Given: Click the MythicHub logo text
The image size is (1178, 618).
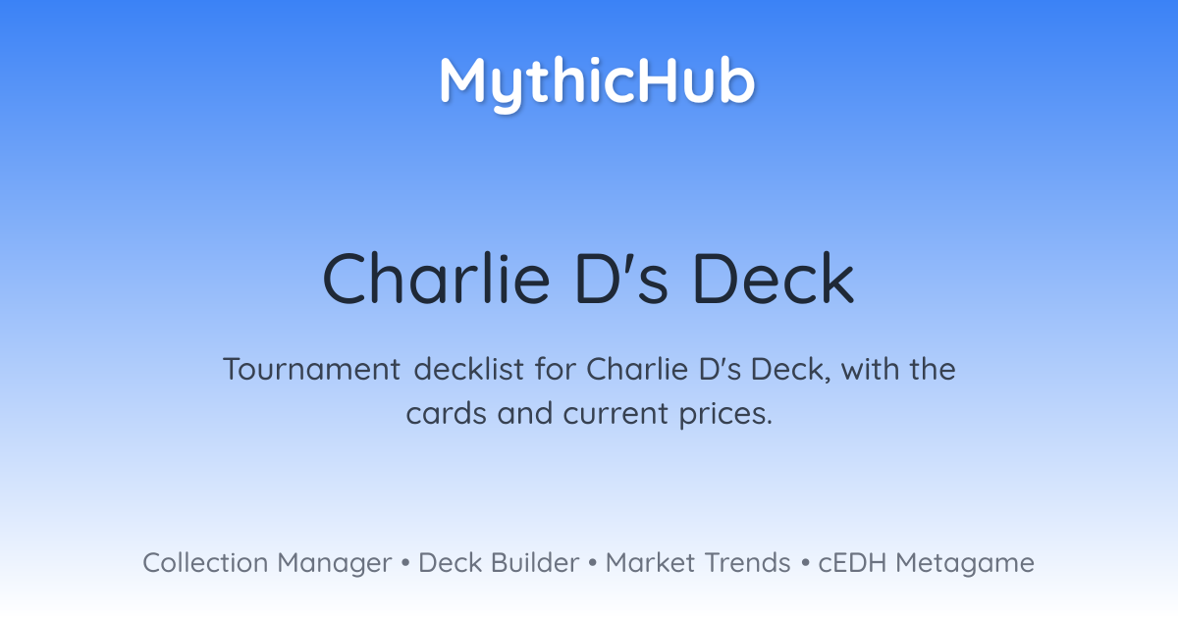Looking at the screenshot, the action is coord(597,83).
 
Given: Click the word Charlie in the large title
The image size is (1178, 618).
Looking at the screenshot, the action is coord(436,279).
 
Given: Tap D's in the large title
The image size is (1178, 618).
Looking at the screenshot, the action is coord(621,279).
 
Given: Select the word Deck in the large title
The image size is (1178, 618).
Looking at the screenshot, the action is coord(775,279).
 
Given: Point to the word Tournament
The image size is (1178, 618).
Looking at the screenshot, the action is coord(312,369).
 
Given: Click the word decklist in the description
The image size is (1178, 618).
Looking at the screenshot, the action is coord(468,369).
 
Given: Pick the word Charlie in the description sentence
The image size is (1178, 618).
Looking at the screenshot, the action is coord(636,369).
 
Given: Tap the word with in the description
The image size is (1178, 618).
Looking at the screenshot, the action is coord(870,369).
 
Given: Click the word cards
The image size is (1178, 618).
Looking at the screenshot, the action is coord(446,413).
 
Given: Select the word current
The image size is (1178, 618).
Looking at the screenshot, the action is coord(616,414).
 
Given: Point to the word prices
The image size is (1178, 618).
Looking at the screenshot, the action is coord(725,415).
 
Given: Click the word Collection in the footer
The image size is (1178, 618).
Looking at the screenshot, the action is coord(205,562).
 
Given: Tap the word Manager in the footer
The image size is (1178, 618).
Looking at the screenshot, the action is coord(335,564).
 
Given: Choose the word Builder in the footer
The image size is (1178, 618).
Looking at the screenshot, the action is coord(535,562).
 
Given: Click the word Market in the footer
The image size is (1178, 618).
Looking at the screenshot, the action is coord(650,562).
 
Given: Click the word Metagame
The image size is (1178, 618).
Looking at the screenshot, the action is coord(965,564).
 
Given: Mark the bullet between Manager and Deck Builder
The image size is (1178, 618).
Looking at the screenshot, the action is coord(404,563).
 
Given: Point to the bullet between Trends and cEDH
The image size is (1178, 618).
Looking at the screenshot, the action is coord(805,563).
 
